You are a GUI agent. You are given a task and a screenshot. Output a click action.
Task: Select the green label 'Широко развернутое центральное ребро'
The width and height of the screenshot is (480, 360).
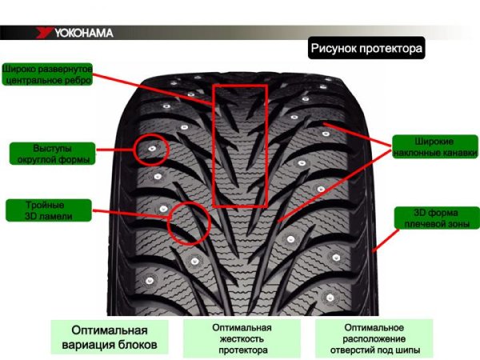tap(49, 74)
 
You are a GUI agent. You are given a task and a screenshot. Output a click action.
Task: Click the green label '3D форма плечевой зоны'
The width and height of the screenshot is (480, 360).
tap(432, 218)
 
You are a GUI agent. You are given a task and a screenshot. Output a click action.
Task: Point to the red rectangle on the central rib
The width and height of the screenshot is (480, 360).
tap(239, 144)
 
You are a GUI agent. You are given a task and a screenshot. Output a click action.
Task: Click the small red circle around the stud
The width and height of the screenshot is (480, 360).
tap(150, 149)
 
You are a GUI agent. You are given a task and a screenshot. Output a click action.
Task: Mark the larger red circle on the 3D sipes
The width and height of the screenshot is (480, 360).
tap(190, 222)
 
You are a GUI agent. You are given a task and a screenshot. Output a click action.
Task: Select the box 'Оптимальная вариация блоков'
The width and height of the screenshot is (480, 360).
tap(110, 338)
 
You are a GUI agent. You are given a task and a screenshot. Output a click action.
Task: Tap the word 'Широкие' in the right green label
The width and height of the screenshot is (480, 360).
tap(431, 143)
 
